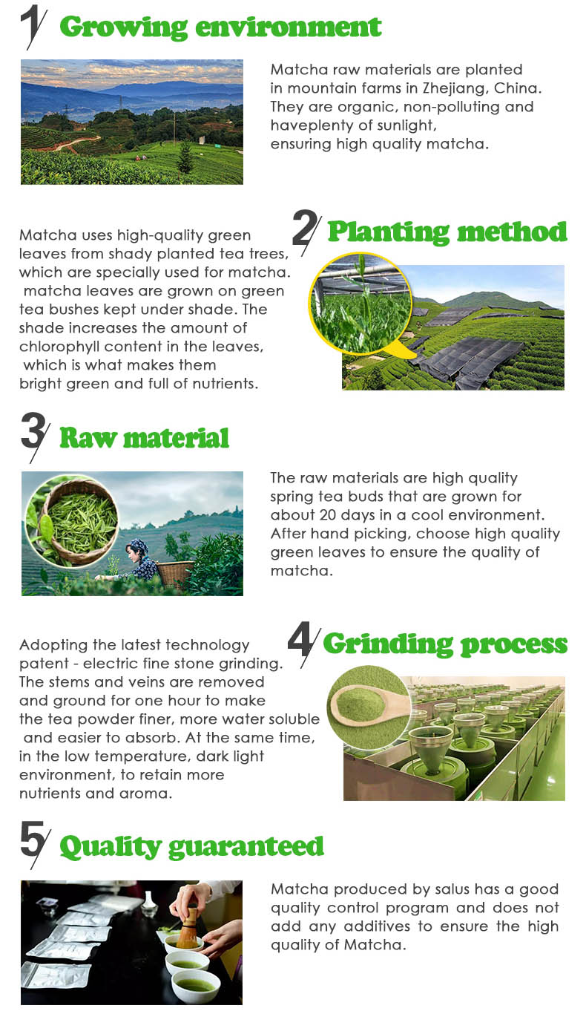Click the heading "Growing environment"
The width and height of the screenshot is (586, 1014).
[x=220, y=27]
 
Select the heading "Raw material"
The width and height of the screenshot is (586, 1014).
[x=145, y=438]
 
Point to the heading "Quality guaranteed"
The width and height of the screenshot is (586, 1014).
[x=192, y=846]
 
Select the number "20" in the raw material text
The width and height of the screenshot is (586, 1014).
[x=328, y=515]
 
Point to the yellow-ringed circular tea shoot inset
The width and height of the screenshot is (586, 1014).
[x=361, y=303]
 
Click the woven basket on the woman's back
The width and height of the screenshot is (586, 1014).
[x=174, y=572]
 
